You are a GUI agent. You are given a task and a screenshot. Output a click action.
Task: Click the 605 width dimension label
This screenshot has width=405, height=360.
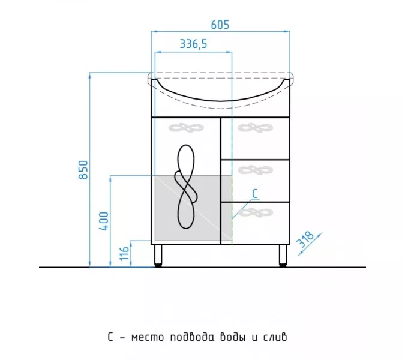(220, 25)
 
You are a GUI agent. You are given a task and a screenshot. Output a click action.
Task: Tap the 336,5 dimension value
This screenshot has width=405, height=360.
(193, 44)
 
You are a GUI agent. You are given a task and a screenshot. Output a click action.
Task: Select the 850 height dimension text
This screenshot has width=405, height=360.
(83, 170)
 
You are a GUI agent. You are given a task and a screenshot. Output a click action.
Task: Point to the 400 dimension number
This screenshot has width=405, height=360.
(104, 221)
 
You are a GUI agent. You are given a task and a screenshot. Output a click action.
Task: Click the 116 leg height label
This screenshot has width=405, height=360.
(124, 253)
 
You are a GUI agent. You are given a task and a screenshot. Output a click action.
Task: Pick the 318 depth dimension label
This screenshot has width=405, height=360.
(305, 239)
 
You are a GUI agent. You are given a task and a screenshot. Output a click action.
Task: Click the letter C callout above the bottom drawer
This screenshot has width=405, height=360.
(255, 193)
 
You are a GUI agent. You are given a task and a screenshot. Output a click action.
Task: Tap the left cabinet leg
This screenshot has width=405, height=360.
(158, 256)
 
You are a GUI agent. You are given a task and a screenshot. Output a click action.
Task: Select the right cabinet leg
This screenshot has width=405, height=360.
(283, 256)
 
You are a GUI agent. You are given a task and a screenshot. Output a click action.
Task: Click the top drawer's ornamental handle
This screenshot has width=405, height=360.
(255, 128)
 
